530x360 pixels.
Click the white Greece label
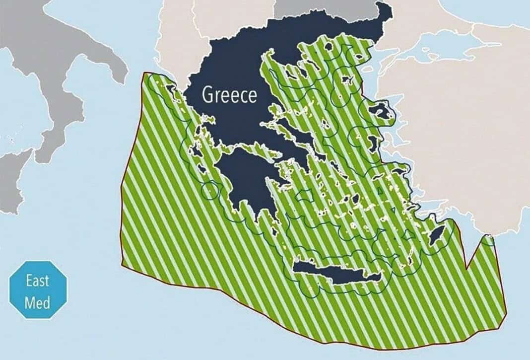(229, 95)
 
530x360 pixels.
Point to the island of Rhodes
(438, 234)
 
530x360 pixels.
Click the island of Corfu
(172, 90)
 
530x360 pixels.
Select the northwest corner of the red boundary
(144, 73)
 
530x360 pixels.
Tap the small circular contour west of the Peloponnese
(209, 189)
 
